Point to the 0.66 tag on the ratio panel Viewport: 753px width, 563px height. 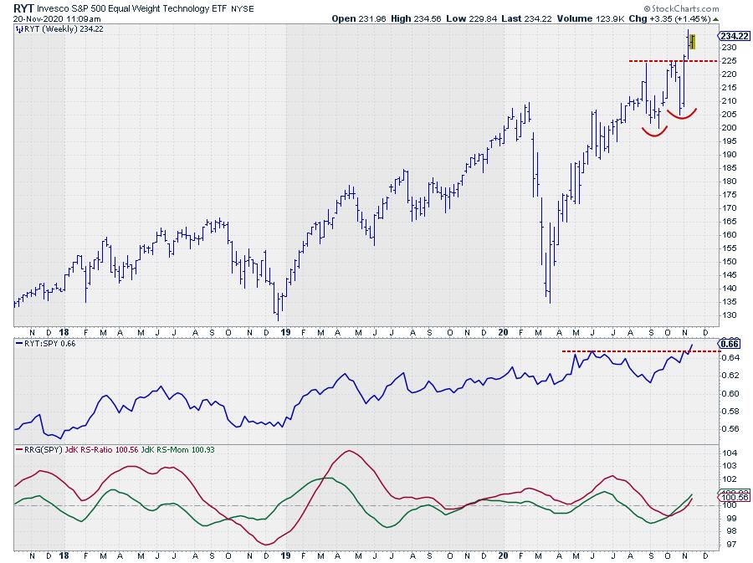tap(729, 343)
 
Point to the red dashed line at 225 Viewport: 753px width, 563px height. tap(669, 61)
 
